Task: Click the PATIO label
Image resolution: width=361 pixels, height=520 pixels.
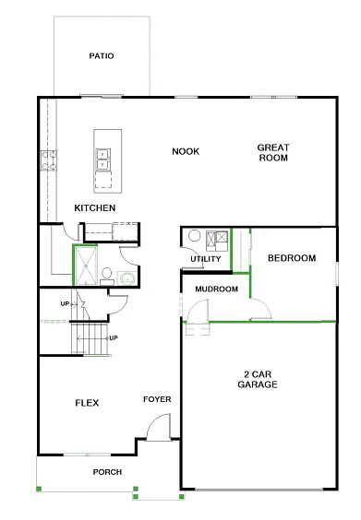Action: point(102,56)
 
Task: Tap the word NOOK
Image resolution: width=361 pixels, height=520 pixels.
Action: point(186,151)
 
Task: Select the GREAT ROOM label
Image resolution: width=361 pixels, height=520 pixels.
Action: point(272,152)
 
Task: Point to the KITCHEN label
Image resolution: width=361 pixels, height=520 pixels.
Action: point(95,207)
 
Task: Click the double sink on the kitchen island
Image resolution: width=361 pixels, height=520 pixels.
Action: point(103,158)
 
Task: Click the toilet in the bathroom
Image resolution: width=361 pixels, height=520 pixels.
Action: point(107,274)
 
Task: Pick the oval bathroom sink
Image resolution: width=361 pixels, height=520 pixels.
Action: point(126,277)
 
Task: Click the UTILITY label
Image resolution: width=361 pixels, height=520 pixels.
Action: point(205,259)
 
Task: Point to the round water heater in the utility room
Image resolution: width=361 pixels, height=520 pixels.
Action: point(195,236)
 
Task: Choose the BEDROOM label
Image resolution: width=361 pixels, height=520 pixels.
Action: point(292,258)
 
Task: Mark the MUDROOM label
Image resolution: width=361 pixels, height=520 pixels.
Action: point(216,289)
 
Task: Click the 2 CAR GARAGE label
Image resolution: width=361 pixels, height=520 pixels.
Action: point(258,379)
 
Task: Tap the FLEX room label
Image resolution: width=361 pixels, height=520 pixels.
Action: point(87,403)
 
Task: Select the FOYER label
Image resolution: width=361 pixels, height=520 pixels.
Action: point(157,399)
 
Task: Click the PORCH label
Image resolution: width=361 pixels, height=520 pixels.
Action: point(107,472)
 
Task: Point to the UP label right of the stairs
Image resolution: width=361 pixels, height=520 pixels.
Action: point(114,337)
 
